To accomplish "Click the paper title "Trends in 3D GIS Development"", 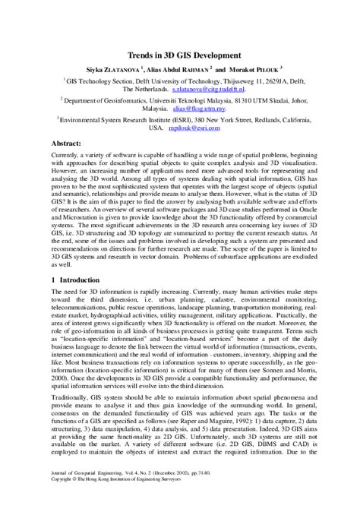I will [179, 55].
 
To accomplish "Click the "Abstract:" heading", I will [70, 143].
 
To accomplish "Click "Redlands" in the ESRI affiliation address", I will [265, 119].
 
